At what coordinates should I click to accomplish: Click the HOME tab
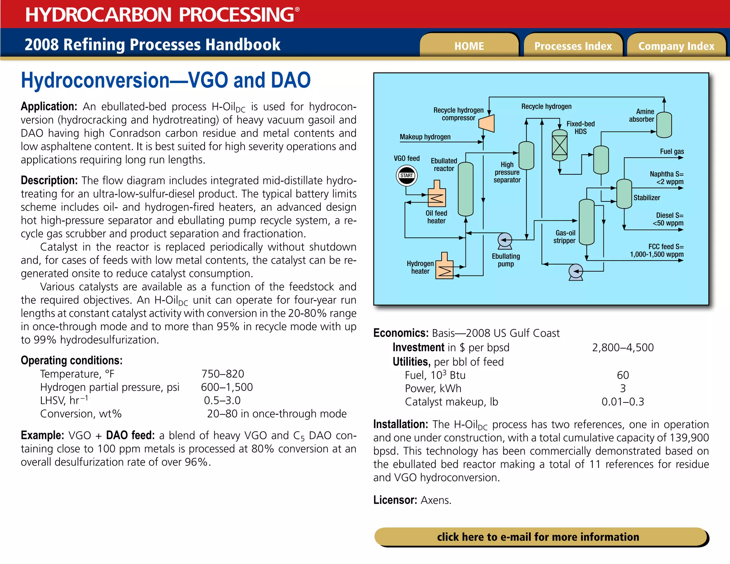point(469,46)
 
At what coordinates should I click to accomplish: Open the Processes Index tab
point(573,46)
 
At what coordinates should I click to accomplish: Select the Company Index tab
point(676,46)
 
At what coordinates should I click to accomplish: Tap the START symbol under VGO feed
point(406,176)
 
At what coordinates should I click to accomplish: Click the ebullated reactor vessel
point(465,189)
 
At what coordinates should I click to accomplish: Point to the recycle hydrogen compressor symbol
point(487,123)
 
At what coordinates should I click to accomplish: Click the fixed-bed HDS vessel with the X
point(559,145)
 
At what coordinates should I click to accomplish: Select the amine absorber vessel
point(664,125)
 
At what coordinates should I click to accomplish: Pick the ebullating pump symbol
point(505,241)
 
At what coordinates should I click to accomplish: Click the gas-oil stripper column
point(586,222)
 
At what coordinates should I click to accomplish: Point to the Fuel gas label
point(672,152)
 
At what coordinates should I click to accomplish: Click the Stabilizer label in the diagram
point(646,198)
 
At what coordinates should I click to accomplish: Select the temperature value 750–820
point(222,374)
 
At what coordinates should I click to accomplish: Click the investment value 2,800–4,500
point(623,348)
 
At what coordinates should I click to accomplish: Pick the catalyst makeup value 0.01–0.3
point(623,402)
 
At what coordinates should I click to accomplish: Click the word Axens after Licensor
point(436,500)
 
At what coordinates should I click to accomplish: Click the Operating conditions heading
point(72,360)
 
